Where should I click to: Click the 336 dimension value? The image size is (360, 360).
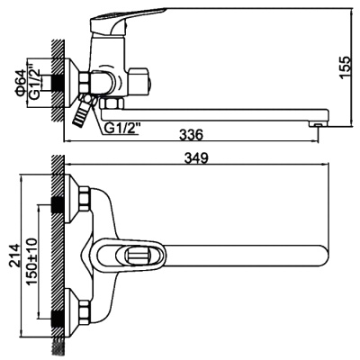coord(187,135)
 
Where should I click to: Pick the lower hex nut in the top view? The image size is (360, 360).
coord(84,314)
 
